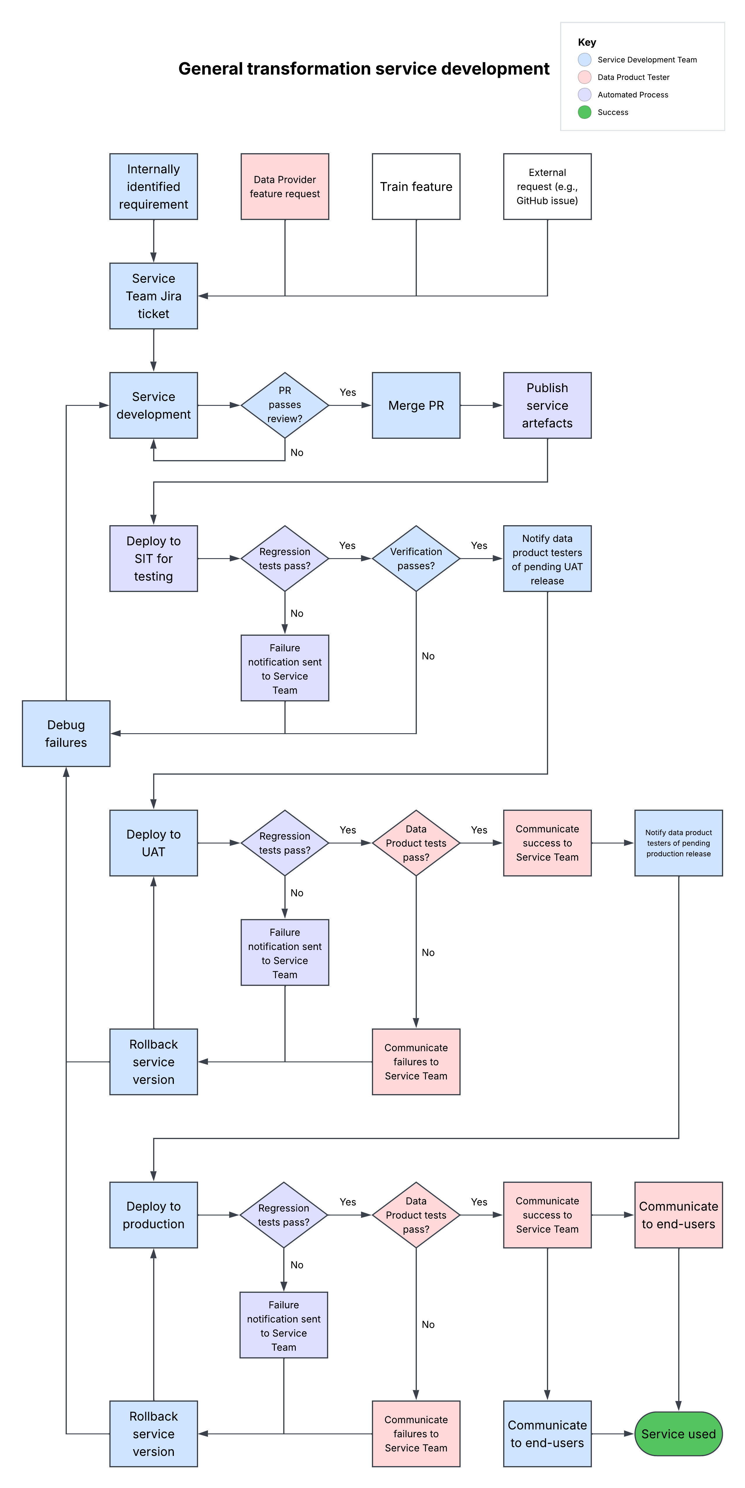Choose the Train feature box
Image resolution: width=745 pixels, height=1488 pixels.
click(416, 186)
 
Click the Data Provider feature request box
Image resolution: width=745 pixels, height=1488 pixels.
click(285, 186)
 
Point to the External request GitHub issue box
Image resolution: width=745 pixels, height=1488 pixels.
click(547, 186)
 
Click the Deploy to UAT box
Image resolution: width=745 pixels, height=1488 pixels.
click(154, 843)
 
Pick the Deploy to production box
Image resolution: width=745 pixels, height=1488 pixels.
click(154, 1215)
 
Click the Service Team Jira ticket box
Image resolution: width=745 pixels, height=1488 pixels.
click(154, 296)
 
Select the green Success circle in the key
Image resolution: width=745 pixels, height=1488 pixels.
click(585, 112)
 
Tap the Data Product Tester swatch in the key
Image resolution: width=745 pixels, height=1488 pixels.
click(585, 77)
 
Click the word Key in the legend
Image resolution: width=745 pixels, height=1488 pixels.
click(587, 42)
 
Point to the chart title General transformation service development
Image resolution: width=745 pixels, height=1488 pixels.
click(364, 69)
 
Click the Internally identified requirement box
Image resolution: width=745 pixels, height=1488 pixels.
click(154, 186)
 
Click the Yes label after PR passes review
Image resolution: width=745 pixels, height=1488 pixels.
click(348, 392)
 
